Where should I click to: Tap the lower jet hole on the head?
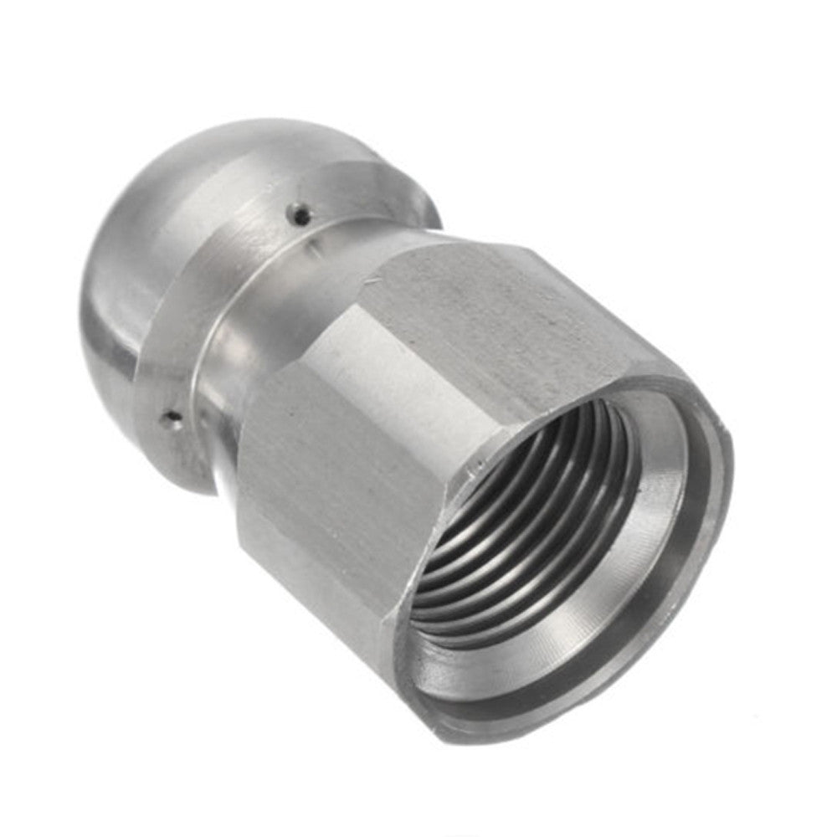point(172,416)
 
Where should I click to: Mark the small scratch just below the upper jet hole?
point(311,242)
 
